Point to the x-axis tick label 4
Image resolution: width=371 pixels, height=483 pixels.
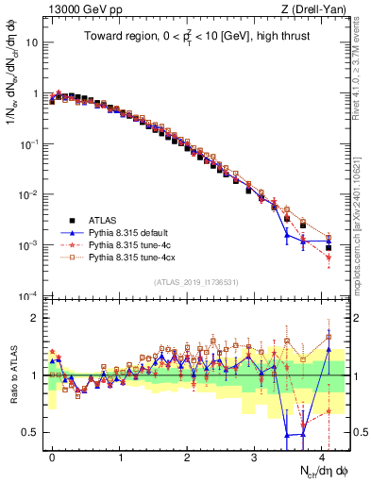[322, 456]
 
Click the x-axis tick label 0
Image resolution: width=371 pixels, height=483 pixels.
[52, 456]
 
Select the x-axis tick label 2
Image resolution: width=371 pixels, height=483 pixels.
[187, 456]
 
